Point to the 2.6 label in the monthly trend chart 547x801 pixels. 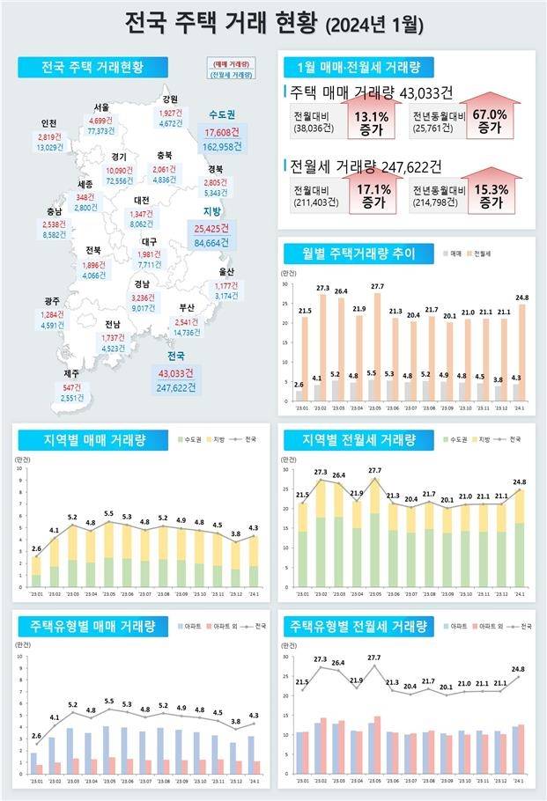pos(299,384)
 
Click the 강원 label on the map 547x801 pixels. pos(170,99)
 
